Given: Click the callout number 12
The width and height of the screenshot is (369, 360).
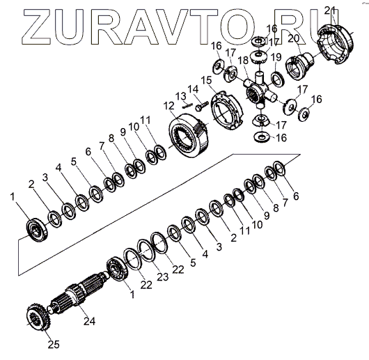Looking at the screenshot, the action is click(x=168, y=106).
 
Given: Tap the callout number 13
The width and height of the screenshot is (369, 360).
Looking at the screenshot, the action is click(x=181, y=96).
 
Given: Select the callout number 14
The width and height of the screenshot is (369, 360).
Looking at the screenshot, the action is click(x=193, y=90).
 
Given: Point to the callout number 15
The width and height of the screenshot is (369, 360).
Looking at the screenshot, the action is click(x=206, y=80).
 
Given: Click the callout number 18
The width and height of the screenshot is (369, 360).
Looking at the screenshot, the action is click(x=243, y=61).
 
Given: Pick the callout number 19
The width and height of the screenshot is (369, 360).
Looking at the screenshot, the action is click(x=276, y=57).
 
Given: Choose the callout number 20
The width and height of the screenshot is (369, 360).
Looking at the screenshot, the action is click(x=293, y=38).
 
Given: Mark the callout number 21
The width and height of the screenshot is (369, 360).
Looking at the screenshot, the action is click(x=329, y=10).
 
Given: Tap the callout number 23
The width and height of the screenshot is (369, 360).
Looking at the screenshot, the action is click(x=163, y=277).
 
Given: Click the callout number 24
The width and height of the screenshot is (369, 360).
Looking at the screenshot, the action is click(x=89, y=321).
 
